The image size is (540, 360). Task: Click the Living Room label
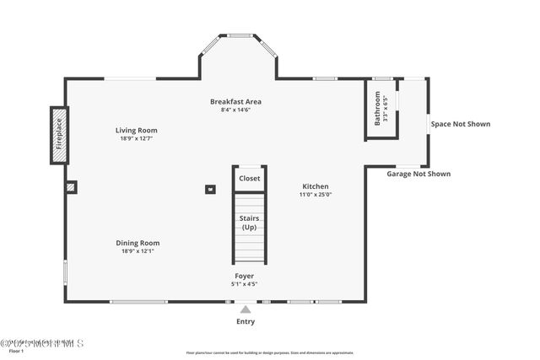(137, 131)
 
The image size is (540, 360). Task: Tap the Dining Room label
(138, 243)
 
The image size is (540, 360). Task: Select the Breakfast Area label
(235, 101)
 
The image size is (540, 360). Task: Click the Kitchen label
(316, 186)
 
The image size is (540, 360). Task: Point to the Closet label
(250, 179)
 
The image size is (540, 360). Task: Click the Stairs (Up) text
(250, 223)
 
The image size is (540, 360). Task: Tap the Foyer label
(244, 276)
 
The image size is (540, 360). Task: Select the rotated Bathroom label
(377, 106)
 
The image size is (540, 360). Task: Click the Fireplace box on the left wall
(59, 134)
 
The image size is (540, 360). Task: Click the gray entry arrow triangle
(246, 309)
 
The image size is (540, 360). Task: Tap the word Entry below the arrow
(246, 321)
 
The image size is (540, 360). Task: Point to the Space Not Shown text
(460, 124)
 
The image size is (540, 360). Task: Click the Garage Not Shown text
(418, 174)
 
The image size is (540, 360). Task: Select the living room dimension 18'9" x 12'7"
(137, 139)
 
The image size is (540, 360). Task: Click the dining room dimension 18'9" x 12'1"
(138, 251)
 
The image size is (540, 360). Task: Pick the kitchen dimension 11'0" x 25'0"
(316, 195)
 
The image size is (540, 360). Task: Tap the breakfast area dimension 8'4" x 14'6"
(235, 110)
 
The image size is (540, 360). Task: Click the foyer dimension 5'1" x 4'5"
(244, 284)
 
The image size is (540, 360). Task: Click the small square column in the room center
(209, 189)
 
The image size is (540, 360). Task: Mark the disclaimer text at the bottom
(270, 353)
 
